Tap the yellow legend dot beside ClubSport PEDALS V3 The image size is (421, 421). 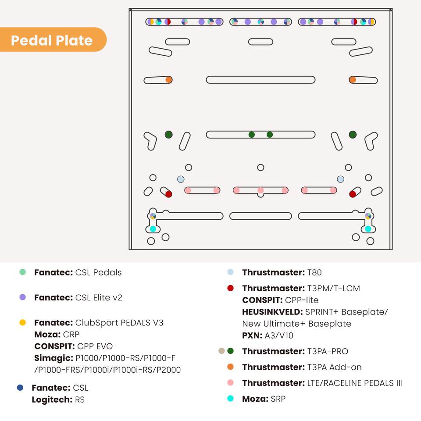coord(22,322)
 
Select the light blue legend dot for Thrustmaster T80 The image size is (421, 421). coord(230,272)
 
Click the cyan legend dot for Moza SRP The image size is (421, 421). coord(230,399)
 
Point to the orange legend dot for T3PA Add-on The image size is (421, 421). coord(230,367)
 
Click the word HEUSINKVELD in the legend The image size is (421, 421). coord(272,312)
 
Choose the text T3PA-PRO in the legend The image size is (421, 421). coord(328,351)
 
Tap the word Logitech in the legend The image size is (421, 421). coord(52,400)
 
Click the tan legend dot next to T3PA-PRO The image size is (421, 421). coord(221,351)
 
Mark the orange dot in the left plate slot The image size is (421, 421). coord(168,80)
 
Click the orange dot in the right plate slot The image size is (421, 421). coord(353,80)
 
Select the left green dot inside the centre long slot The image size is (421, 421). coord(252,135)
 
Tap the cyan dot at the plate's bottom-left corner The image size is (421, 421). coord(153,229)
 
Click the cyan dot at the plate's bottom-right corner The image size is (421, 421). coord(368,229)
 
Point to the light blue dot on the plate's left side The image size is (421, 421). coord(181,179)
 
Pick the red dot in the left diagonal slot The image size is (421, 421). coord(168,194)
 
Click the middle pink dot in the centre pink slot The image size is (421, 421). coord(260,190)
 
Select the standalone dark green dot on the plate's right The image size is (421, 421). coord(353,135)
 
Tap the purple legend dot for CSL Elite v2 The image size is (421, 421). coord(22,297)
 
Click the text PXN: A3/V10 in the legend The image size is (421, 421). coord(268,335)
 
